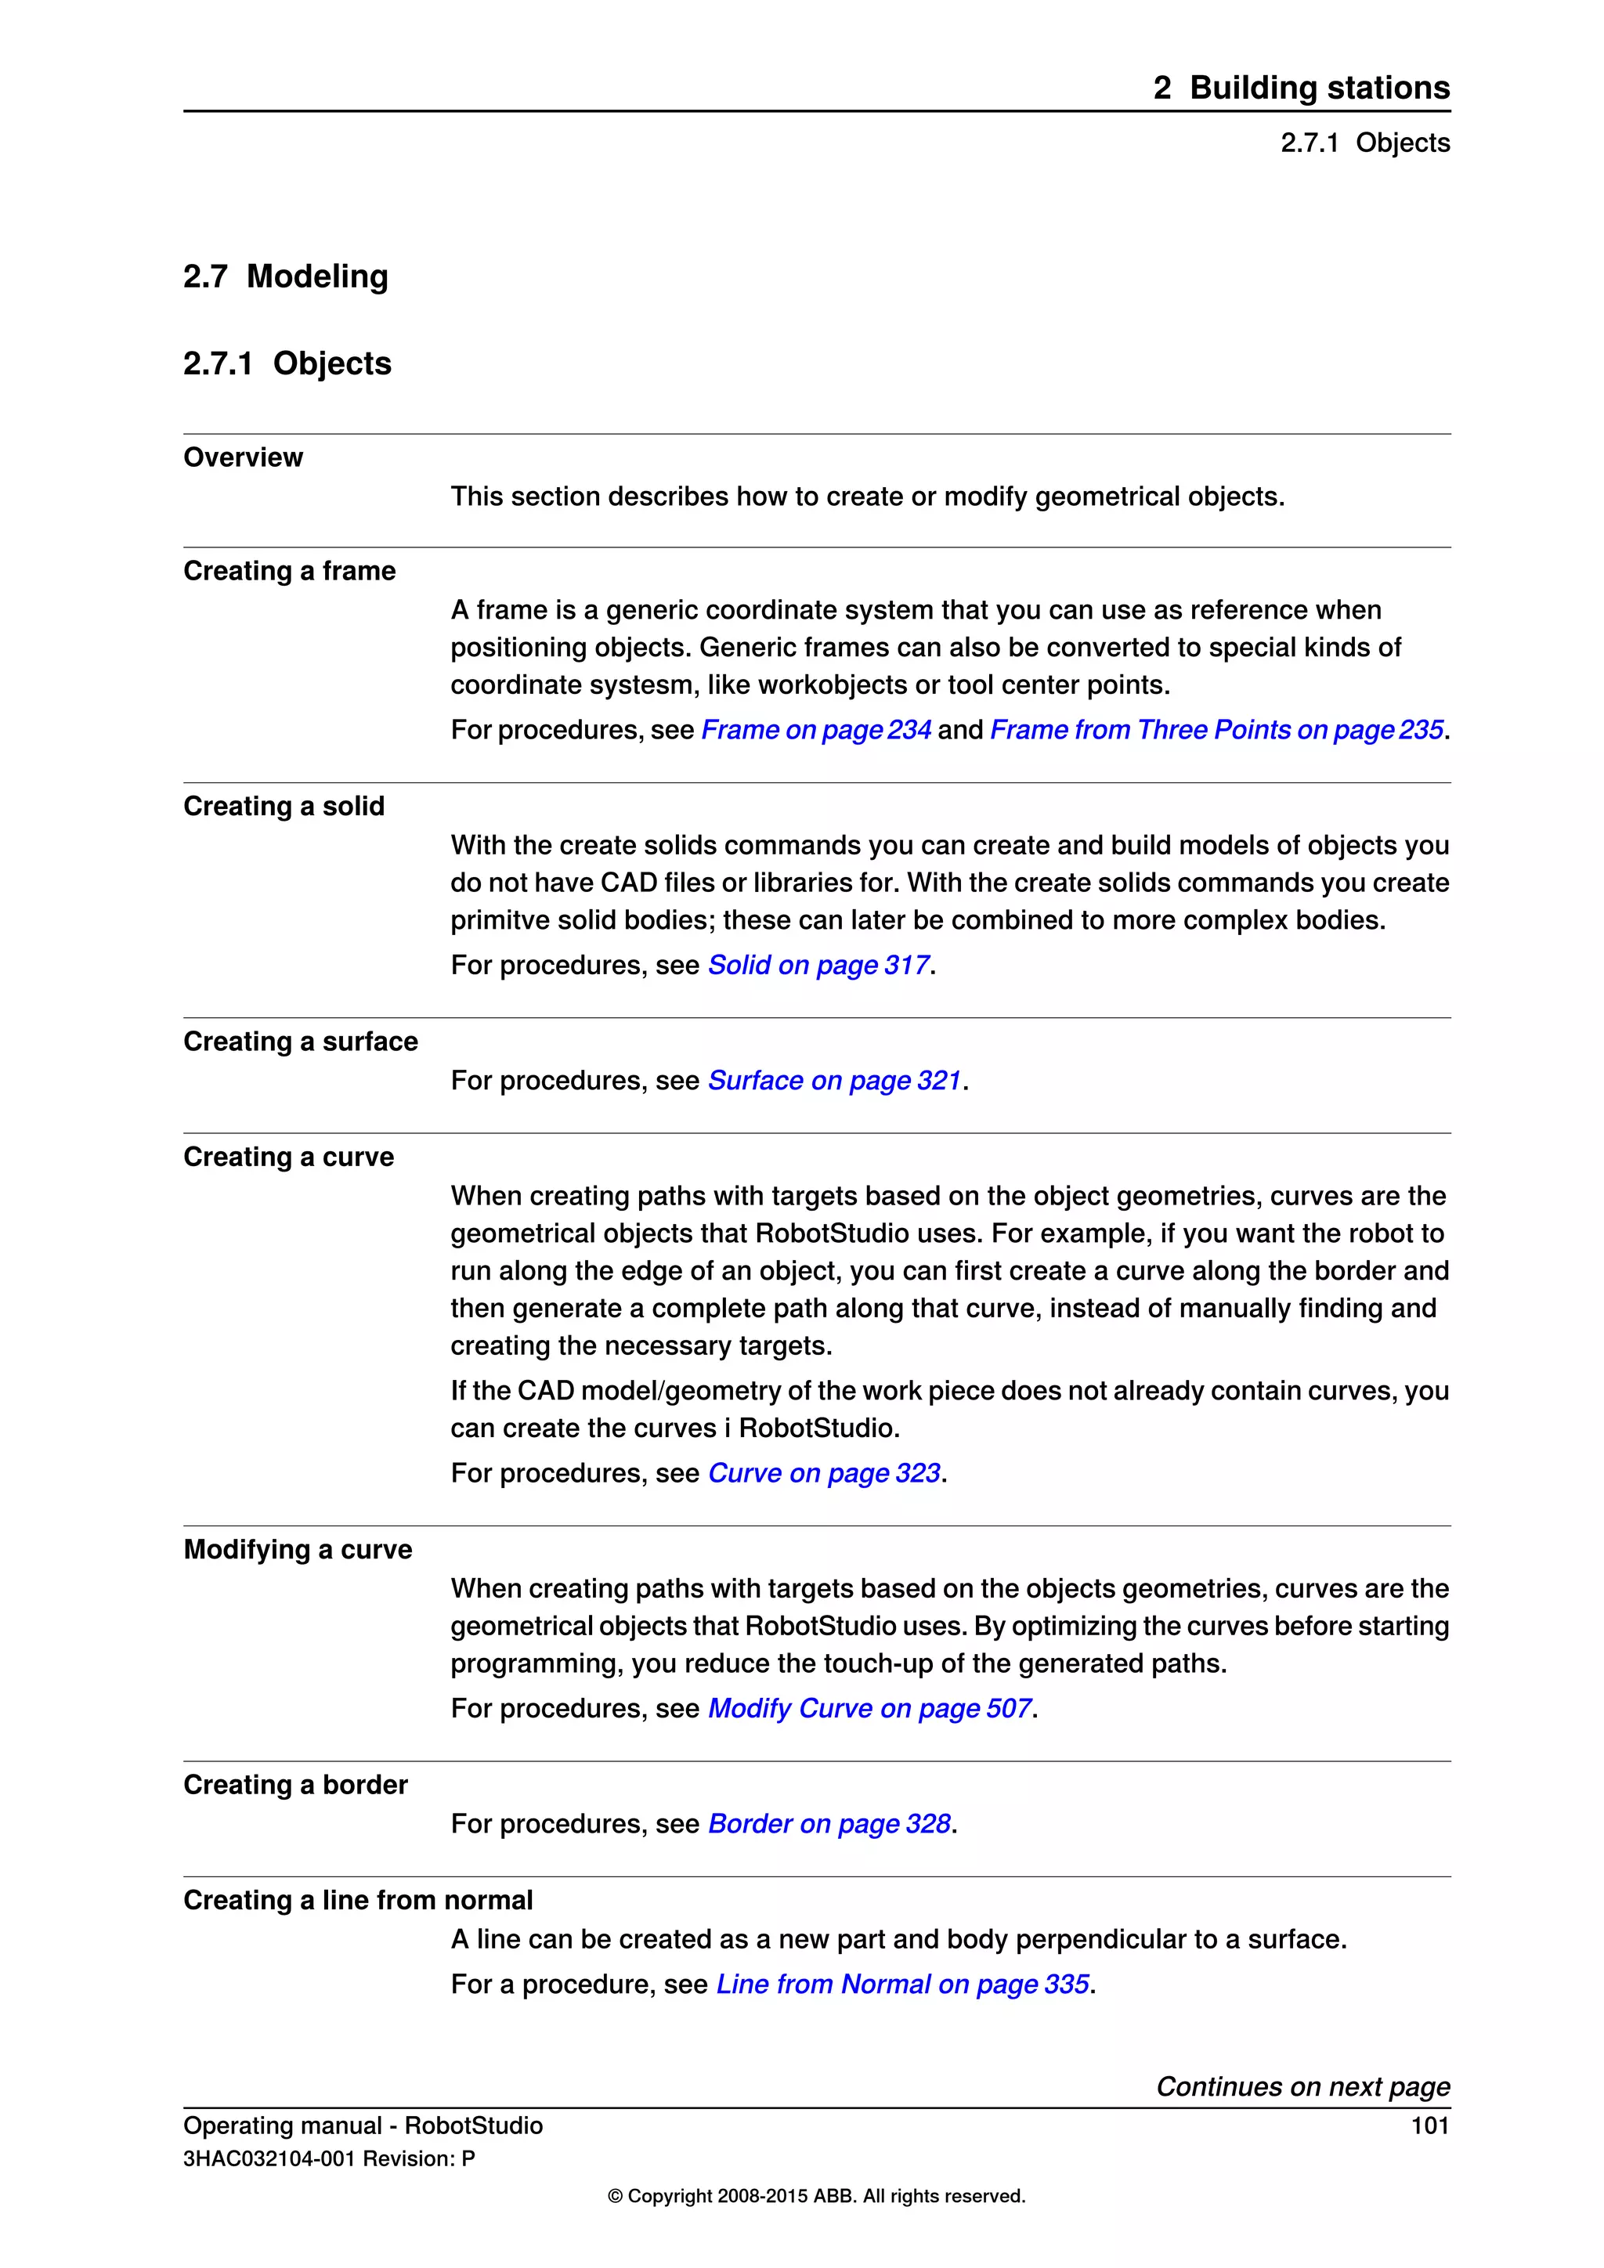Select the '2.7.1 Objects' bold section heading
[x=287, y=363]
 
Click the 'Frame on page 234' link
[x=816, y=730]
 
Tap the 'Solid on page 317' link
[x=818, y=965]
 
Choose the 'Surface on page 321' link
[x=835, y=1081]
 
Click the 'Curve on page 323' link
[x=824, y=1473]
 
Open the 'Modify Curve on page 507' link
[x=870, y=1708]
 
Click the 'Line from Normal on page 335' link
[x=903, y=1984]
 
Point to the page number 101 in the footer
[x=1429, y=2125]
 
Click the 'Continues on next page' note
[x=1302, y=2086]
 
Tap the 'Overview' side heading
[x=243, y=457]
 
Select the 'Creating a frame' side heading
[x=289, y=571]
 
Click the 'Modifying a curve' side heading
[x=298, y=1549]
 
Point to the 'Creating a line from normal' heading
[x=358, y=1900]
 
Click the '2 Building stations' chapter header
[x=1301, y=88]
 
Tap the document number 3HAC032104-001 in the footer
[x=269, y=2158]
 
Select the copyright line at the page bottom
[x=816, y=2196]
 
